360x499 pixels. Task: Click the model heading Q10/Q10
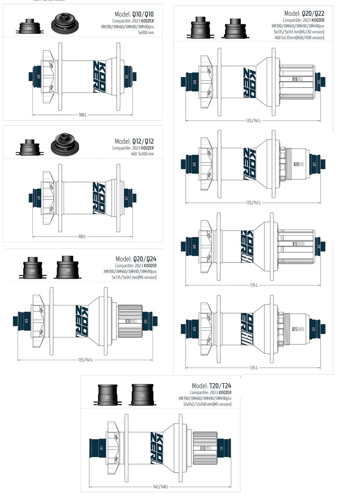pos(134,14)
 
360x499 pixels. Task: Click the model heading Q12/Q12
pos(134,141)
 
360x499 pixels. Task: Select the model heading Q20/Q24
pos(136,259)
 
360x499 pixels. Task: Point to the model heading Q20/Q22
pos(304,14)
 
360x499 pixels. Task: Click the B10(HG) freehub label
pos(297,79)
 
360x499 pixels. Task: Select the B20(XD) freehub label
pos(299,164)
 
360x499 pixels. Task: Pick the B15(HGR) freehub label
pos(298,244)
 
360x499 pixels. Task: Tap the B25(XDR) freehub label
pos(298,329)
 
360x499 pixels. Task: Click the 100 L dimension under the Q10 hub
pos(82,115)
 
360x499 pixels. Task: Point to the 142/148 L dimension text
pos(161,487)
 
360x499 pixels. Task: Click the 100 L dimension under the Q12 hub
pos(82,236)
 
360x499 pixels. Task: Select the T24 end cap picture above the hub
pos(142,395)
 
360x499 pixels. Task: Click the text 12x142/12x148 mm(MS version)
pos(207,404)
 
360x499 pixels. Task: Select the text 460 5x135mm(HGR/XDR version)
pos(299,38)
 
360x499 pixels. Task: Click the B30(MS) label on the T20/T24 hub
pos(206,448)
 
